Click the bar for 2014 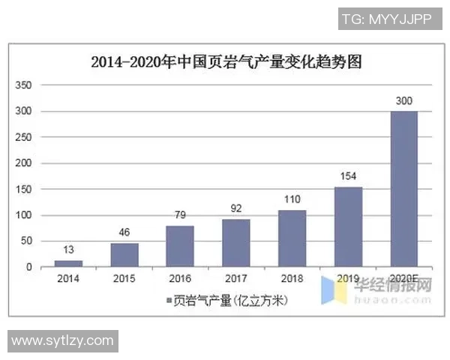pos(68,263)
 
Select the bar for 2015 pos(124,255)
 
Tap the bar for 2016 pos(180,246)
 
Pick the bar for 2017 pos(236,243)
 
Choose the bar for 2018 pos(292,238)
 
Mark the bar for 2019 pos(348,226)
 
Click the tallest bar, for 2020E pos(404,189)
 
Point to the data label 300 pos(404,100)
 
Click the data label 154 pos(348,175)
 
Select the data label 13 pos(68,249)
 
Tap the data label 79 pos(180,214)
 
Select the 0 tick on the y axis pos(28,267)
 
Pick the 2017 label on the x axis pos(236,278)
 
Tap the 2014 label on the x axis pos(68,278)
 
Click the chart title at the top pos(226,62)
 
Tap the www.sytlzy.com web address pos(61,340)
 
